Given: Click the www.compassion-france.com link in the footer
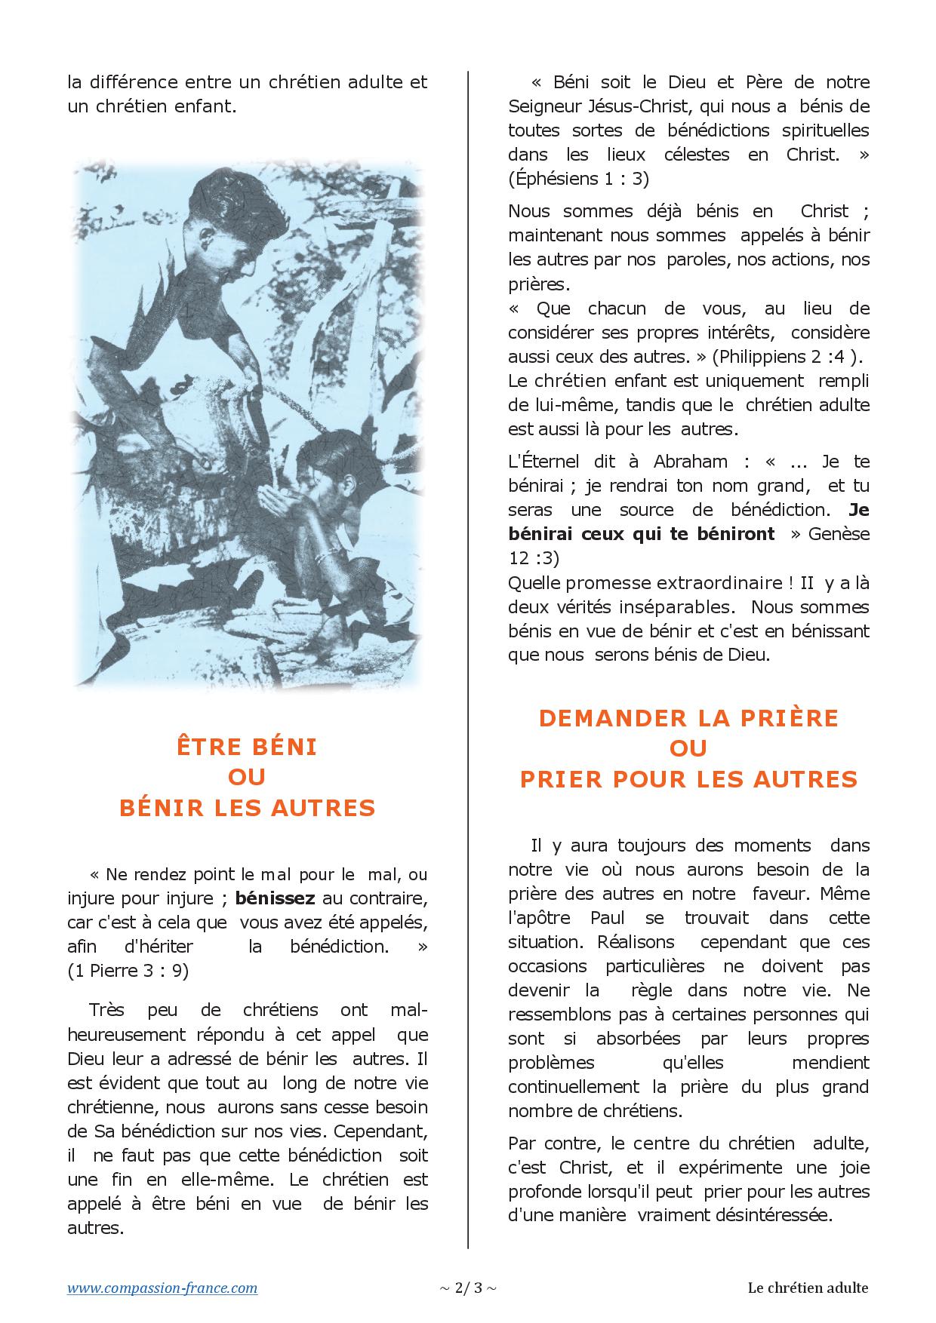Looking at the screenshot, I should point(162,1288).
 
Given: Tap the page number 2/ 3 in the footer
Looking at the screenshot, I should point(468,1288).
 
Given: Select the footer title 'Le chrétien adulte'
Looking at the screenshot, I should point(808,1288).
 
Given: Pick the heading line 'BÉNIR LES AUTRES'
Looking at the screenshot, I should point(247,808).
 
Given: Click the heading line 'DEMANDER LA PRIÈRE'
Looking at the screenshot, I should point(688,717).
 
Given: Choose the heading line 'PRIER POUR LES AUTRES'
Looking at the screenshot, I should point(688,778).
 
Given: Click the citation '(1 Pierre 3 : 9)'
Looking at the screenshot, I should point(128,971).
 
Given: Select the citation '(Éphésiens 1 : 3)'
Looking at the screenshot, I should point(578,179).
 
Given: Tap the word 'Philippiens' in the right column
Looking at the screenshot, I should point(759,357).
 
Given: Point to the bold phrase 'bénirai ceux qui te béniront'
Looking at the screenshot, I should point(641,534).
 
